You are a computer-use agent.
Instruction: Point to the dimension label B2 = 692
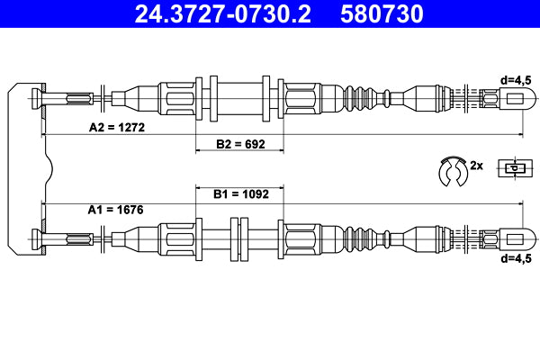pos(239,144)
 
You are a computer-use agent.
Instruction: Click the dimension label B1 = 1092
pos(239,193)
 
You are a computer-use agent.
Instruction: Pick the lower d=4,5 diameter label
pos(518,257)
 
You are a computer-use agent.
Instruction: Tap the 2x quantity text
pos(477,166)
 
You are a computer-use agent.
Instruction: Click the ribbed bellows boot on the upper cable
pos(361,96)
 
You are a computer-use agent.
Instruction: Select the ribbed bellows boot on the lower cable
pos(361,238)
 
